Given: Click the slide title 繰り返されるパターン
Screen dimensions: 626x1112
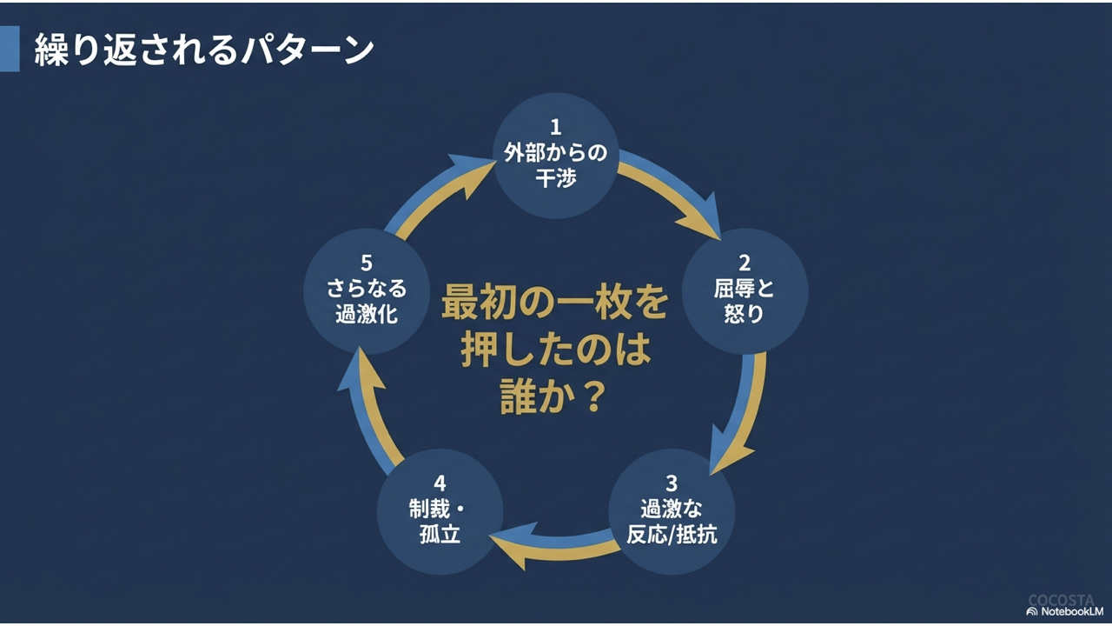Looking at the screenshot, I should click(204, 50).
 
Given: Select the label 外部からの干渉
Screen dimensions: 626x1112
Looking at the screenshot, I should click(556, 165).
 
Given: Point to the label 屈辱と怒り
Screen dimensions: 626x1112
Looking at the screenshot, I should click(745, 301).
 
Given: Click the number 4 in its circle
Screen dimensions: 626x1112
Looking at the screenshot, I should click(440, 483).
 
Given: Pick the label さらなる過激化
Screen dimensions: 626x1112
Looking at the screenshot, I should click(367, 301).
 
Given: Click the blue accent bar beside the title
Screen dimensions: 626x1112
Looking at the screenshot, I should click(9, 49).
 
